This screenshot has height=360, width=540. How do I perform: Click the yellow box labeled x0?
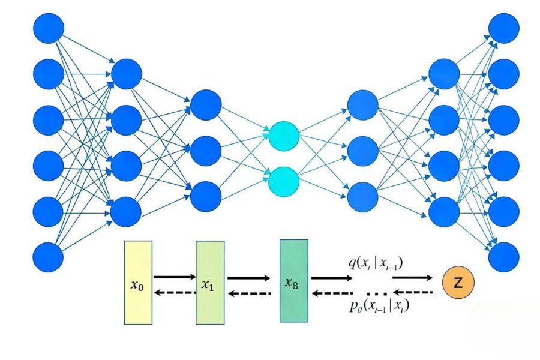[139, 282]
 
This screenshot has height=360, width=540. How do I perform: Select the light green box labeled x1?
[210, 282]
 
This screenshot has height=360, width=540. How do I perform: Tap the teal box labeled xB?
[293, 280]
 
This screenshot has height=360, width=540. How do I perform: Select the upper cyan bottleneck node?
[284, 136]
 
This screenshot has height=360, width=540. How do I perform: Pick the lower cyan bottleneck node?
[284, 181]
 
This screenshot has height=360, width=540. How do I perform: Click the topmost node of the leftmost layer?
[49, 28]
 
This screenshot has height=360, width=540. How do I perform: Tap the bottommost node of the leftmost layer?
[49, 257]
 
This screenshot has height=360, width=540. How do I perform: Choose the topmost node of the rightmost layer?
[504, 28]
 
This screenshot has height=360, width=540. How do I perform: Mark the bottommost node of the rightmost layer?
[504, 257]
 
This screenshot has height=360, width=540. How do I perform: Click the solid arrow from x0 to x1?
[175, 277]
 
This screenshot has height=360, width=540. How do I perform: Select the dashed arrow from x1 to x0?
[175, 292]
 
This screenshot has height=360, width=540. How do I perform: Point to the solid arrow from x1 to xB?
[248, 278]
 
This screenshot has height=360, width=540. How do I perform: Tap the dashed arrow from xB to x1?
[248, 293]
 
